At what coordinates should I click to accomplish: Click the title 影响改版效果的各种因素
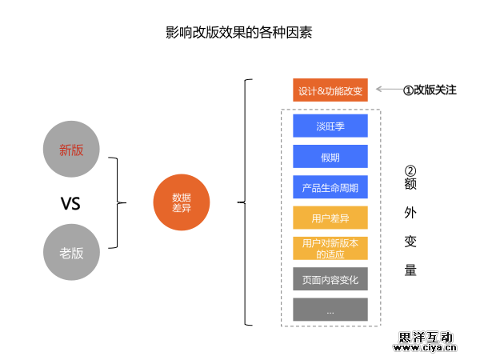coord(239,34)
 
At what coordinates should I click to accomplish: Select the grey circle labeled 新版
coord(71,150)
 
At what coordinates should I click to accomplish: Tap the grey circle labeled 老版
coord(71,252)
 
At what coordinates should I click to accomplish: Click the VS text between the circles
coord(71,203)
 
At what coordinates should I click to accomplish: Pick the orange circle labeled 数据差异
coord(181,203)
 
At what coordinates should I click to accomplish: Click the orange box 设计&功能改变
coord(330,90)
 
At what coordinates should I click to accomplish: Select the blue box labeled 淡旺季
coord(330,126)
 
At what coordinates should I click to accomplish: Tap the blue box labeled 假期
coord(330,157)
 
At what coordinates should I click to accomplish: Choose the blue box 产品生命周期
coord(330,188)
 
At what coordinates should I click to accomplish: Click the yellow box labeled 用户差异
coord(330,218)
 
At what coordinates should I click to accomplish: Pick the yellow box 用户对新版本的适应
coord(330,248)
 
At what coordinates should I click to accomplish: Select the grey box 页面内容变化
coord(330,279)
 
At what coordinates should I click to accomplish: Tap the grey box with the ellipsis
coord(330,310)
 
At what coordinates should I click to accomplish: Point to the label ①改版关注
coord(429,90)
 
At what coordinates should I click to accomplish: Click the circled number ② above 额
coord(410,171)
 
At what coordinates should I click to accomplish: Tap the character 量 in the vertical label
coord(410,270)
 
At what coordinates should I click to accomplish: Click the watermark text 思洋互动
coord(426,337)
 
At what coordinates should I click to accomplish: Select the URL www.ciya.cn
coord(425,349)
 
